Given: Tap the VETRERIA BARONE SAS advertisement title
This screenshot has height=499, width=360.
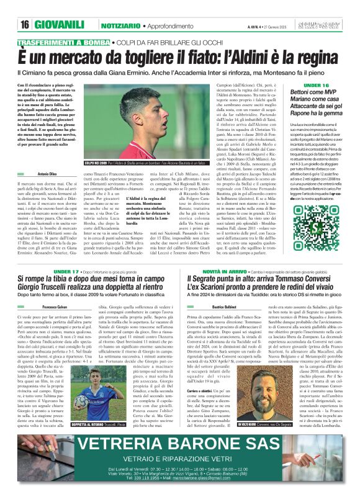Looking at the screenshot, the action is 180,444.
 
